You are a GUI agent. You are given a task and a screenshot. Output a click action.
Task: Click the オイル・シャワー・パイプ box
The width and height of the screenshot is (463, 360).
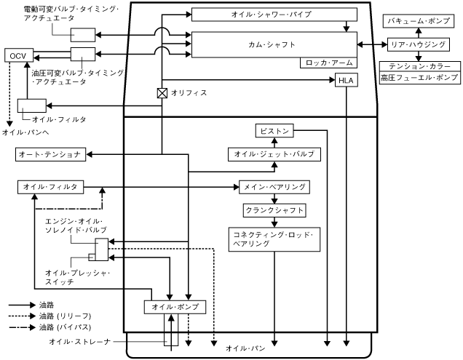point(274,15)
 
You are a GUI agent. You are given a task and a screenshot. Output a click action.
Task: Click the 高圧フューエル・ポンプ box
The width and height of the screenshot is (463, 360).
point(419,76)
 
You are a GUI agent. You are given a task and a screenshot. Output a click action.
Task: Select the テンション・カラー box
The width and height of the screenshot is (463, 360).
point(419,65)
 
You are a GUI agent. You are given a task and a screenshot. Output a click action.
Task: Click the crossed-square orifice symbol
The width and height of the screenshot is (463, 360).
point(162,93)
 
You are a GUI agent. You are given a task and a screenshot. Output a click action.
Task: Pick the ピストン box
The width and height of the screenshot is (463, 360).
point(274,131)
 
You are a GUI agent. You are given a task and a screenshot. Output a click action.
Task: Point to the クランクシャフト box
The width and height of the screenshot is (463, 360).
point(274,210)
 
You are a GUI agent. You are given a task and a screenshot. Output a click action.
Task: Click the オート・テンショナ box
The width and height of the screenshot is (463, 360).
point(52,155)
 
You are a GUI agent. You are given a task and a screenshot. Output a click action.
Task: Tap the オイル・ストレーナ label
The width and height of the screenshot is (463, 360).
point(79,340)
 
